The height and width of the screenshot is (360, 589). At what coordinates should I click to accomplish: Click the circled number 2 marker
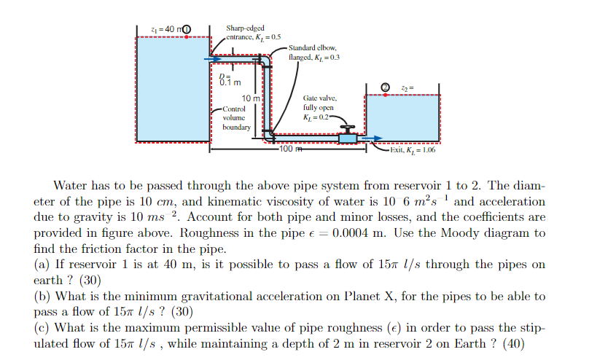[386, 89]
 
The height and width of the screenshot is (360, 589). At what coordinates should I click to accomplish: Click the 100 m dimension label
[289, 149]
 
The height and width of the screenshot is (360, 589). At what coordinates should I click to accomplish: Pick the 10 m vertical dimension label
[250, 98]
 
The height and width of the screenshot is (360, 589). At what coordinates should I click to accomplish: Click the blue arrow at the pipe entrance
[212, 59]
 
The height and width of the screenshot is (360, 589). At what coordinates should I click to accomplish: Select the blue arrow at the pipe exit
[372, 138]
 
